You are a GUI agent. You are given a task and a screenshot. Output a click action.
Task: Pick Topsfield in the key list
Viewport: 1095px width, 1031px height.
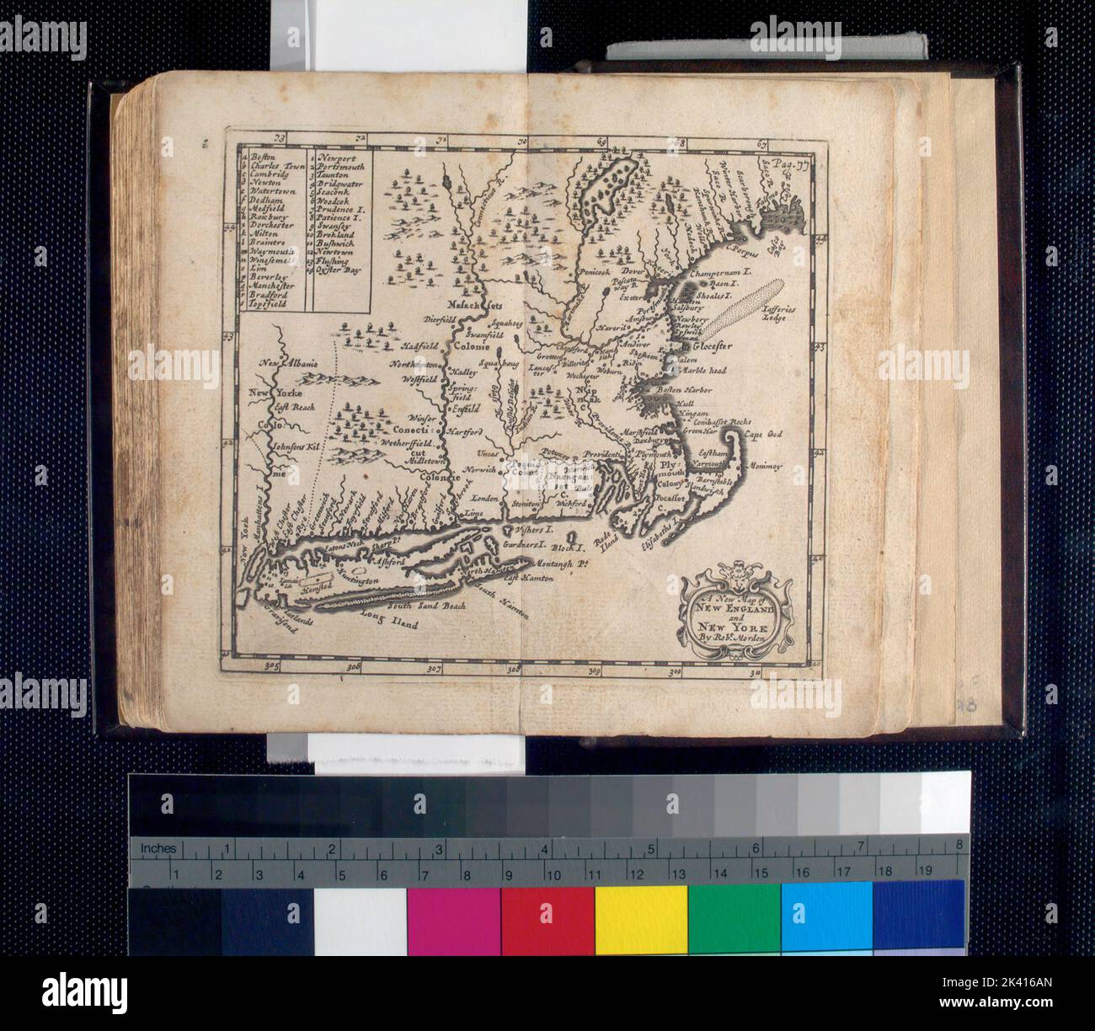point(269,306)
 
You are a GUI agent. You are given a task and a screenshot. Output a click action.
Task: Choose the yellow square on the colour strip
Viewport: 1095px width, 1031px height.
point(641,920)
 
